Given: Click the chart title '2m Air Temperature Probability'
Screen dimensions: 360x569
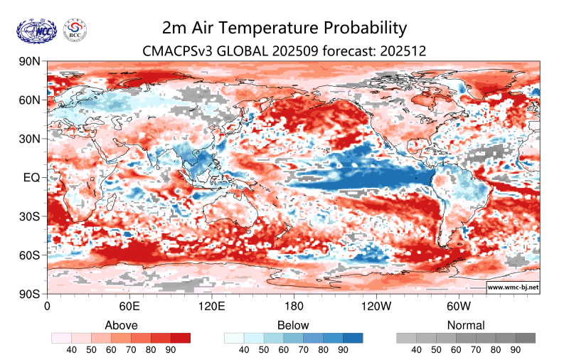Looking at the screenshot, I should tap(284, 28).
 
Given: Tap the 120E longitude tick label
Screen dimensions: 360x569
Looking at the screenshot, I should tap(211, 307).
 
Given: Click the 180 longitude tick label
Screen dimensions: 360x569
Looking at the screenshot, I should tap(294, 307).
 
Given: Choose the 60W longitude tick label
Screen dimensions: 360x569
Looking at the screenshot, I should tap(459, 307).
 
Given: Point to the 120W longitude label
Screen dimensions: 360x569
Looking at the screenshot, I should tap(376, 307).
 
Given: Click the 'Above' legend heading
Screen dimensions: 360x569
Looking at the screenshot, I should tap(121, 325).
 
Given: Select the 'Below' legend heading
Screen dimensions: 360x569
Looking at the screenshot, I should tap(294, 325).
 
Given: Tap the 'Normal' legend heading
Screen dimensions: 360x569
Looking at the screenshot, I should tap(466, 325).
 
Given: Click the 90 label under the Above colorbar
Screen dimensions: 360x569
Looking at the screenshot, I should tap(170, 350).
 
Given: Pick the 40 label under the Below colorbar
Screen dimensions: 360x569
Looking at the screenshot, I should tap(244, 350).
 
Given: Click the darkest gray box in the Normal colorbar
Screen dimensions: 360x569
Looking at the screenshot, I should tap(526, 338).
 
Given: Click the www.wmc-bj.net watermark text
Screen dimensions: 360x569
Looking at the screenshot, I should tap(512, 287).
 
